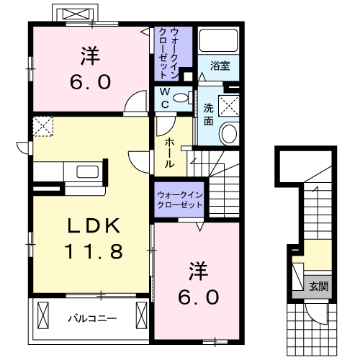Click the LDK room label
pos(93,225)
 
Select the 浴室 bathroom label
pos(220,66)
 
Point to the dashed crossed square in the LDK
pos(43,128)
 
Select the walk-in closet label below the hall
pos(179,200)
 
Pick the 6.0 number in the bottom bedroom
pos(192,296)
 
